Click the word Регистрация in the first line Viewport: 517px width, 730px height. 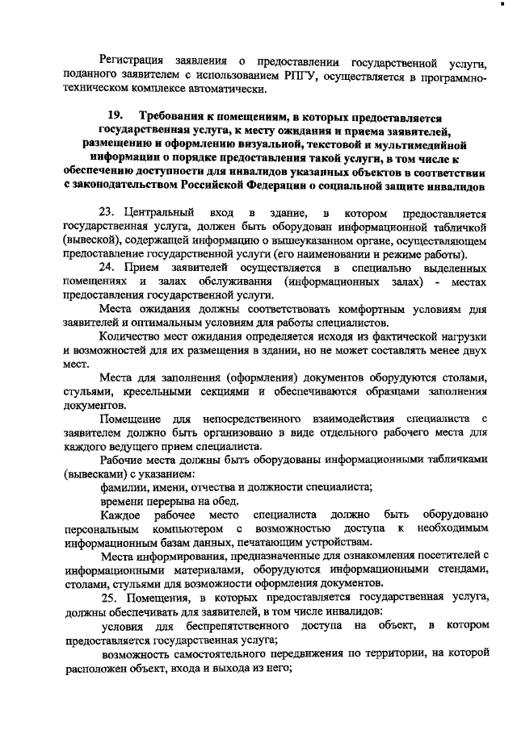(x=132, y=61)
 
